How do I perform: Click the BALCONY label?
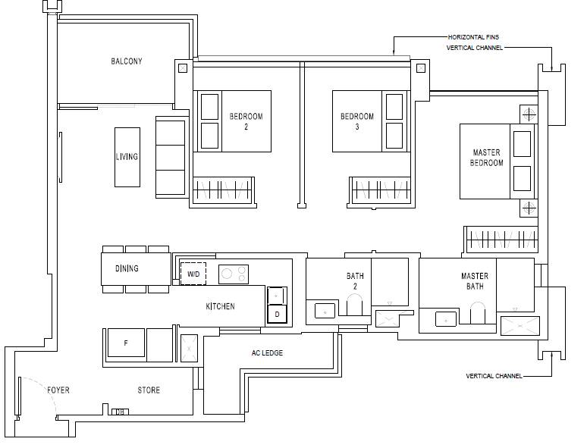tap(127, 61)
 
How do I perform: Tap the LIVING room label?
tap(127, 156)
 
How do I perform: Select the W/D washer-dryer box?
tap(193, 274)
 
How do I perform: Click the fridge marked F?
tap(126, 343)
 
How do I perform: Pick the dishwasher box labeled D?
tap(277, 314)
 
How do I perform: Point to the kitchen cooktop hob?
tap(234, 274)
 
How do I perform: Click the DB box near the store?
tap(120, 412)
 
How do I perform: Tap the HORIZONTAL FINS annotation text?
tap(473, 37)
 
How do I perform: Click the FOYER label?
tap(58, 390)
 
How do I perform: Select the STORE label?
tap(149, 390)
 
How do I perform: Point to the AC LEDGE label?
tap(267, 353)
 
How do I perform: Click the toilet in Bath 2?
tap(354, 304)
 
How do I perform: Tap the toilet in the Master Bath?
tap(477, 312)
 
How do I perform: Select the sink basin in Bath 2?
tap(325, 311)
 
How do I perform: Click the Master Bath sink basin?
tap(446, 319)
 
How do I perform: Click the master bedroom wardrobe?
tap(501, 239)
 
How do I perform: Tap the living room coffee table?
tap(127, 157)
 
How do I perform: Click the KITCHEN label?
tap(220, 306)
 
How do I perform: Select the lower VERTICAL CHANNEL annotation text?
tap(494, 376)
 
